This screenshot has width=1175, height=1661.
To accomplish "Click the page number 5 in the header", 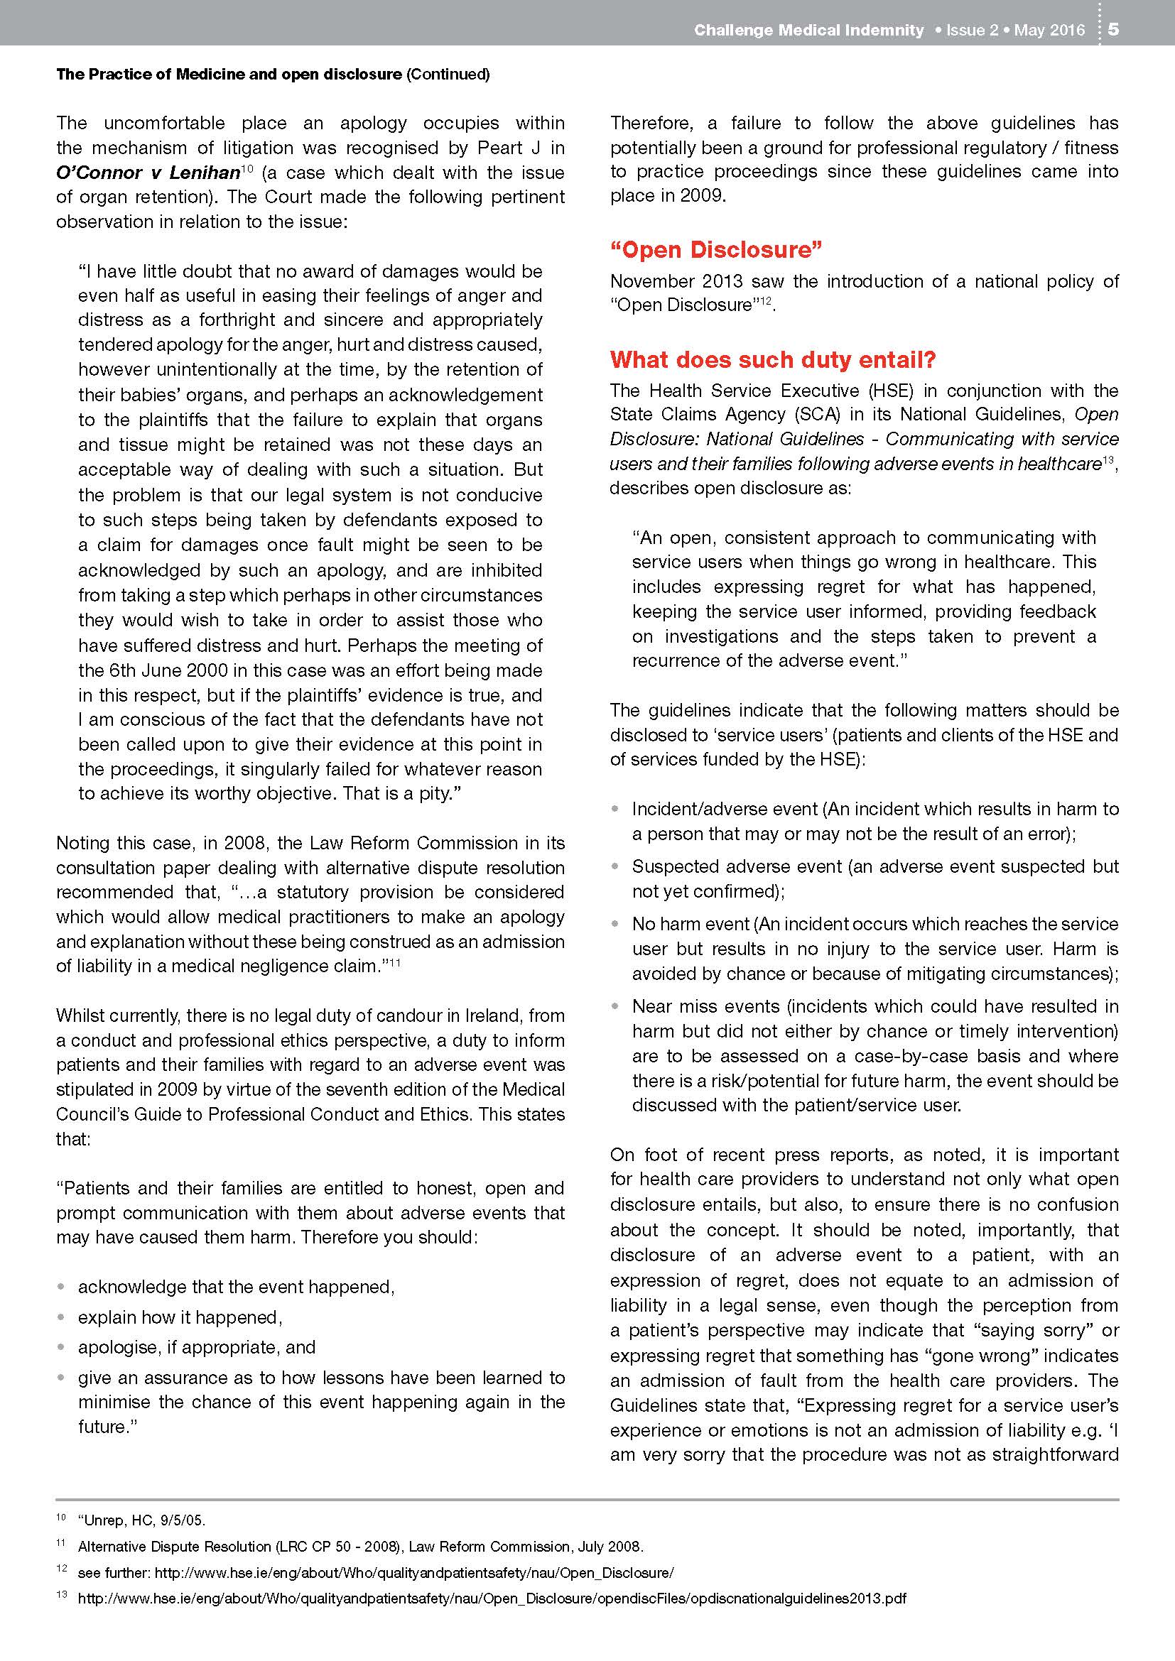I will click(x=1113, y=30).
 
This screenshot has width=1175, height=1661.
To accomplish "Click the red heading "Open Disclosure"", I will click(x=716, y=249).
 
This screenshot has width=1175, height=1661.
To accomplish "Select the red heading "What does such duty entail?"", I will click(x=773, y=359).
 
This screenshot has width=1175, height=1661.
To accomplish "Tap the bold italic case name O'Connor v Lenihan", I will click(x=148, y=173).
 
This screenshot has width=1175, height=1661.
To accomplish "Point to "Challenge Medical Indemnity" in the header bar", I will click(x=808, y=31).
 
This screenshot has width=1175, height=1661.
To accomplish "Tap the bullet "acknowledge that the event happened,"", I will click(x=236, y=1287).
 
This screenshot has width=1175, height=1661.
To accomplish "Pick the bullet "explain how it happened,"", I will click(x=180, y=1317).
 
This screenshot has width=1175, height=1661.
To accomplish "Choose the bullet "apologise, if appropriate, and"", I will click(x=197, y=1347).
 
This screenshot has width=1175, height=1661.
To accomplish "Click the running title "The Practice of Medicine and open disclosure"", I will click(x=229, y=74).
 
